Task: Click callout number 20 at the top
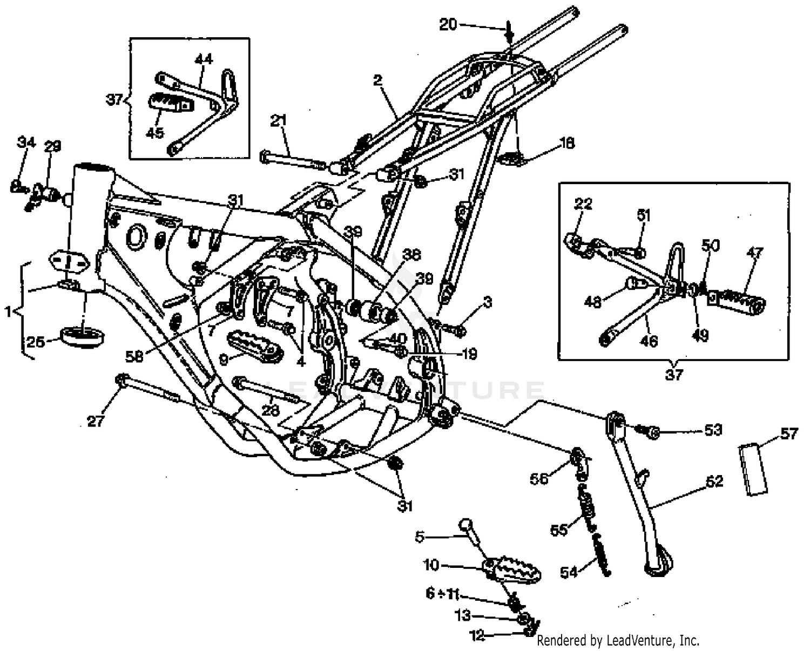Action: (x=448, y=24)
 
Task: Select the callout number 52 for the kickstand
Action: (x=714, y=481)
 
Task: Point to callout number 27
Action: (x=95, y=421)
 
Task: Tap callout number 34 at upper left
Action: (x=26, y=143)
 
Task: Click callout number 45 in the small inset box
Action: (x=155, y=132)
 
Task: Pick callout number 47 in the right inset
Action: (x=754, y=253)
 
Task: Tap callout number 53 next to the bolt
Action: (x=713, y=430)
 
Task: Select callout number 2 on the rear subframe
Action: (x=377, y=81)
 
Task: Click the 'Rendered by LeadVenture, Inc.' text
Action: (x=618, y=641)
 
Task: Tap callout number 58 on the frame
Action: (x=134, y=356)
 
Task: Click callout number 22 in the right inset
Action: (x=583, y=204)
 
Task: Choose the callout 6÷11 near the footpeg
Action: (x=442, y=594)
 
